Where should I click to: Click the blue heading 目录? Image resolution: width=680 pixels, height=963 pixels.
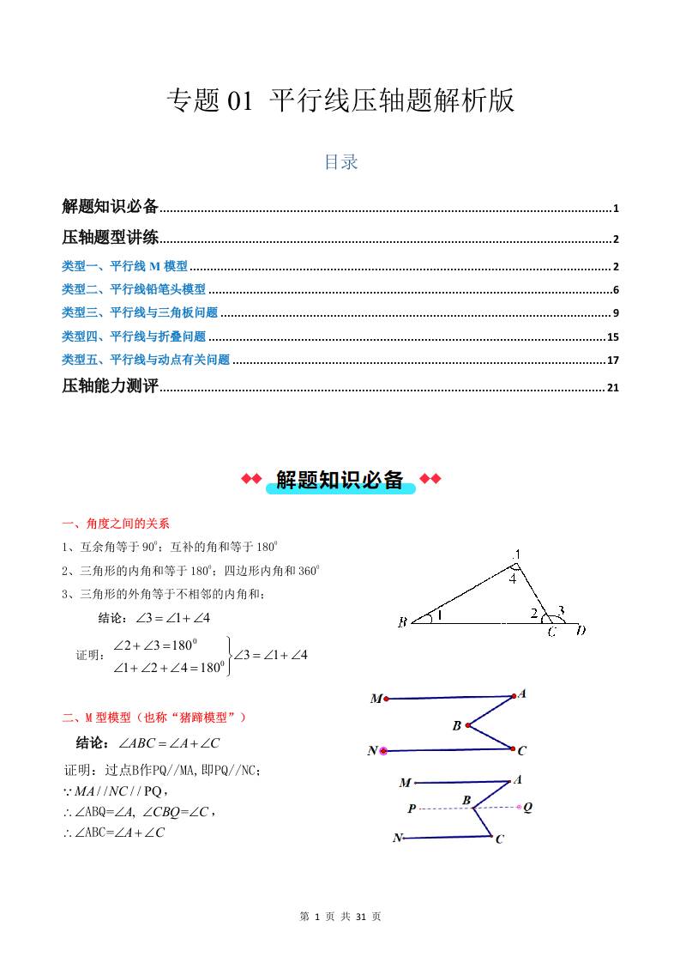[340, 162]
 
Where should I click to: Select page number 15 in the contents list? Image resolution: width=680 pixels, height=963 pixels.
[612, 337]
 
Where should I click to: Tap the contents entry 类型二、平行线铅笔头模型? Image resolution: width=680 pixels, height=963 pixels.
[134, 290]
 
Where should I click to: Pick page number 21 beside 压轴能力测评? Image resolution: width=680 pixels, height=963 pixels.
[612, 388]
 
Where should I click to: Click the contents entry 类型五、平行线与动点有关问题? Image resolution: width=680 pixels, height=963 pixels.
[146, 360]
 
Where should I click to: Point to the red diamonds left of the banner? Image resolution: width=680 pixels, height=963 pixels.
[250, 479]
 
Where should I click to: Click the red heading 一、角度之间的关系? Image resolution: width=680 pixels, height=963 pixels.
[116, 524]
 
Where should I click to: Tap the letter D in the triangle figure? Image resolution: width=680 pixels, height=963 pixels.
[581, 632]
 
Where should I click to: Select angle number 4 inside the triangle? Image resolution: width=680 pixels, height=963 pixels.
[512, 579]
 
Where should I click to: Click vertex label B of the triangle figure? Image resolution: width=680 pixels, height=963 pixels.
[402, 622]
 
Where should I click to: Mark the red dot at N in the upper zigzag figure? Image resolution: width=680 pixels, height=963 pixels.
[383, 751]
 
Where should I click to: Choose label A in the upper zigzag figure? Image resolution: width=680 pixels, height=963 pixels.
[522, 693]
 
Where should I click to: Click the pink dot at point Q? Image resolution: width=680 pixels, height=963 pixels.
[519, 807]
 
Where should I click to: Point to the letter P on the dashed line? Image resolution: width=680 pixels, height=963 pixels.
[412, 809]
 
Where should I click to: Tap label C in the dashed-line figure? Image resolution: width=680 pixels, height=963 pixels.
[499, 839]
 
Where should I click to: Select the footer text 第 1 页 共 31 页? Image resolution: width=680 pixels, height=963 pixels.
[340, 917]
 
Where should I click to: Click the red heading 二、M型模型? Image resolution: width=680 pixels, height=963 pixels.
[154, 717]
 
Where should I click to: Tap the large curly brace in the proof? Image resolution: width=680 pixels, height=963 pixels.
[229, 657]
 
